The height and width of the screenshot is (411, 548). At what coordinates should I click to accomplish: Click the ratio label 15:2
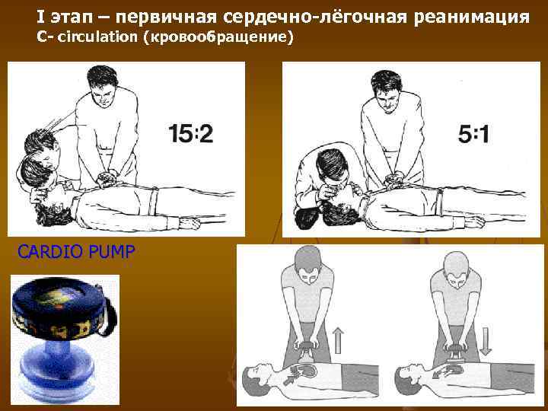(x=190, y=133)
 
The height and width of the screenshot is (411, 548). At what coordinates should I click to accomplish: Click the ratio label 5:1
(x=473, y=135)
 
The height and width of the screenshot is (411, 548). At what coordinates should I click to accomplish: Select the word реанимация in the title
(x=471, y=18)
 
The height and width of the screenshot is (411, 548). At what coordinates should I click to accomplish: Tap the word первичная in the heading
(x=166, y=18)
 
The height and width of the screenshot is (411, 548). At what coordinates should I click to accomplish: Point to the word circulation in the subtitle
(x=97, y=37)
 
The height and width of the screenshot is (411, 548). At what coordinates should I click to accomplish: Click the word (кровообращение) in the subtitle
(x=218, y=37)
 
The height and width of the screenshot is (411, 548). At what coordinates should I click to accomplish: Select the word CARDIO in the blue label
(x=49, y=252)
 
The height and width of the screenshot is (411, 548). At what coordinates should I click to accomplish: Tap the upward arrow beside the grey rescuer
(x=338, y=340)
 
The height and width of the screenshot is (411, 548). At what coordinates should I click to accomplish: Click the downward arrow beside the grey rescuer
(x=486, y=342)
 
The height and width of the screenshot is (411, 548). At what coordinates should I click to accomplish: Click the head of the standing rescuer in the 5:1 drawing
(x=387, y=91)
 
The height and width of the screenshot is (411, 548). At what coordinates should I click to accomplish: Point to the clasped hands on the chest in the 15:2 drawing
(x=107, y=177)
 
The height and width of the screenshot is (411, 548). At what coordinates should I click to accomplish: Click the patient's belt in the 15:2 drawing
(x=153, y=200)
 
